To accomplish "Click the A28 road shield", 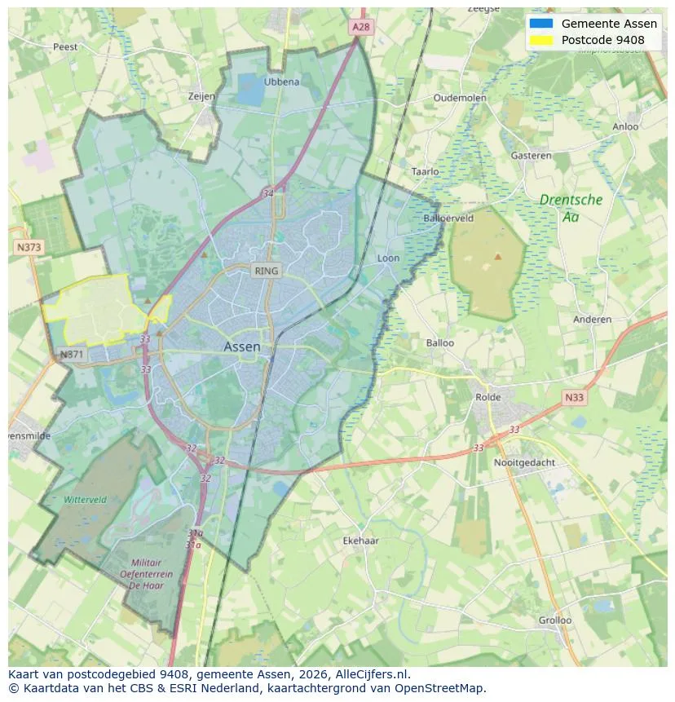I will (x=361, y=27).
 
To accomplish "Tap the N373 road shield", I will (x=29, y=246).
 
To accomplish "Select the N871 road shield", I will (x=71, y=355).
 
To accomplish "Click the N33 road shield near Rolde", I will (x=575, y=398).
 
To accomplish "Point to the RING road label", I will (x=266, y=271).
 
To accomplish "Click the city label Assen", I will (x=242, y=347).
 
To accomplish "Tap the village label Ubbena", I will (x=281, y=82).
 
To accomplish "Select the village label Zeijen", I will (x=201, y=96).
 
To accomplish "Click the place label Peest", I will (x=65, y=46).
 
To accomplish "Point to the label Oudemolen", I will (x=460, y=98).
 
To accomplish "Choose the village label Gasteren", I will (x=531, y=156).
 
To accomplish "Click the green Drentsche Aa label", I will (x=571, y=208).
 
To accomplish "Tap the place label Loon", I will (x=388, y=258).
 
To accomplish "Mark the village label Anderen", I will (x=592, y=320).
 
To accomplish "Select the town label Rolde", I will (x=488, y=397).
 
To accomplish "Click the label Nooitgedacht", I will (x=524, y=462).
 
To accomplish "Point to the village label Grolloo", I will (x=554, y=620).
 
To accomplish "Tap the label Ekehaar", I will (x=360, y=541).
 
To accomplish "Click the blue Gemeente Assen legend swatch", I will (x=540, y=24).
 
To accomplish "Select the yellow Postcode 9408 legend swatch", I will (x=540, y=40).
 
